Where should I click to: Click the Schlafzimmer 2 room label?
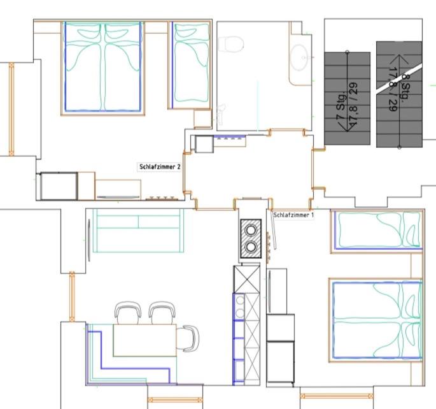(x=160, y=167)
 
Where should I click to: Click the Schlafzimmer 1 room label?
(x=293, y=215)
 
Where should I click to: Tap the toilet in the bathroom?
(x=231, y=44)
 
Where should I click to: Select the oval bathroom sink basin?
(x=299, y=57)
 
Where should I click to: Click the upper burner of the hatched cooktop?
(x=251, y=230)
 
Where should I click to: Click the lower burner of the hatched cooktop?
(x=251, y=247)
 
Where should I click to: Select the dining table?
(x=145, y=340)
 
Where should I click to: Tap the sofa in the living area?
(x=138, y=231)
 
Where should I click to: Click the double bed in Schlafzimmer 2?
(x=103, y=68)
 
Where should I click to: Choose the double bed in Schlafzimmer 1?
(x=377, y=320)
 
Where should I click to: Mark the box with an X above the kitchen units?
(x=246, y=279)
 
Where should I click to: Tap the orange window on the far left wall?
(x=11, y=109)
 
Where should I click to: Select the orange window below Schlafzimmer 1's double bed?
(x=337, y=396)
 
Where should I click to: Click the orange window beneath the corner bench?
(x=175, y=400)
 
